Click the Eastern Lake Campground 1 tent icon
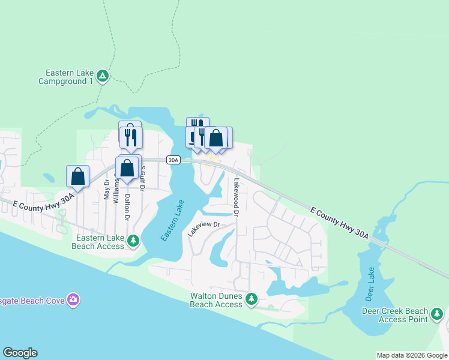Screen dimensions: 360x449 point(103,76)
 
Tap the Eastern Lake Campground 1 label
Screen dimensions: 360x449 point(65,77)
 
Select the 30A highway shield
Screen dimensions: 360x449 point(173,160)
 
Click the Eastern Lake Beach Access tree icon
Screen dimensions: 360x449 point(133,241)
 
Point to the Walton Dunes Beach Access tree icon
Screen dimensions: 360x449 point(252,298)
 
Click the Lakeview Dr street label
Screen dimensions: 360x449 point(204,229)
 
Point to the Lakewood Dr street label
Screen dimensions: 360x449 point(237,197)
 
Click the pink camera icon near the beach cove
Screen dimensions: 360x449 point(73,299)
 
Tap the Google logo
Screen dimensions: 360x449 point(20,353)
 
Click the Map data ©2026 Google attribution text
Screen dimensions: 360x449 point(411,355)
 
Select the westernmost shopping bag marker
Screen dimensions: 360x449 point(77,176)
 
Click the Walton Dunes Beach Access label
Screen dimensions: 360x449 point(216,300)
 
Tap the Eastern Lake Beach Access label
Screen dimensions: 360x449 point(98,242)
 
